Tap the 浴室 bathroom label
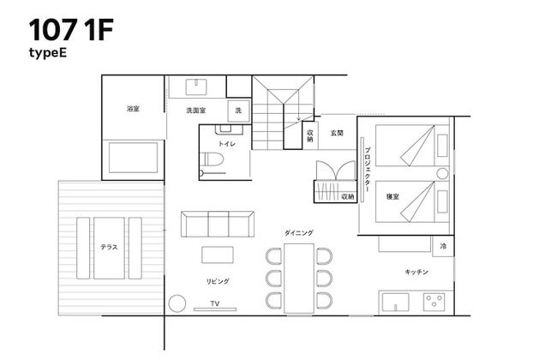pyautogui.click(x=132, y=109)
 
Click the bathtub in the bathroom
pyautogui.click(x=133, y=158)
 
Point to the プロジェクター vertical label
pyautogui.click(x=367, y=168)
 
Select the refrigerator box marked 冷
pyautogui.click(x=443, y=246)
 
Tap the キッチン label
pyautogui.click(x=416, y=272)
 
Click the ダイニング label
pyautogui.click(x=299, y=232)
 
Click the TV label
pyautogui.click(x=215, y=303)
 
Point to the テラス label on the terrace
pyautogui.click(x=109, y=247)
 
